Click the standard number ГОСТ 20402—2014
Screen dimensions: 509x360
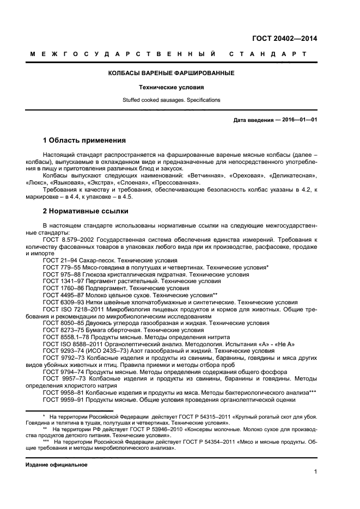coord(284,39)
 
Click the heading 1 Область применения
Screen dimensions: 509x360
coord(84,140)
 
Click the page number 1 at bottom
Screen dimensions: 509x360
coord(315,473)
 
